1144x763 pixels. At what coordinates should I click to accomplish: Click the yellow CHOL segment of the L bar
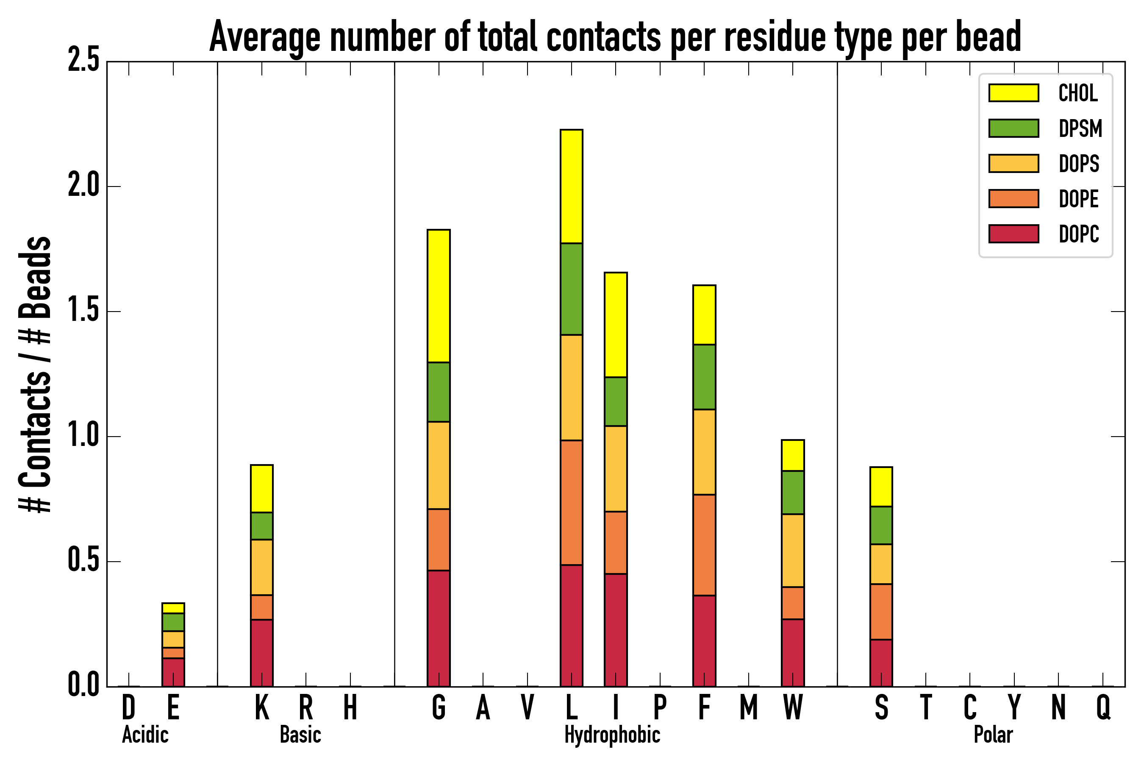571,187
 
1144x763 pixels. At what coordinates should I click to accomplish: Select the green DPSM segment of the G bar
438,392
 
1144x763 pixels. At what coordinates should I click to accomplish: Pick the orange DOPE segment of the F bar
704,545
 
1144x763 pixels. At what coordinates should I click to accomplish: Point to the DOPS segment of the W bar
792,550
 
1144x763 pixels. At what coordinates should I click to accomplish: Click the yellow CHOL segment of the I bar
615,325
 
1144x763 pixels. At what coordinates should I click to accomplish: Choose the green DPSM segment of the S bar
881,526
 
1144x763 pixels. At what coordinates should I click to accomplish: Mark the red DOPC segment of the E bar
173,672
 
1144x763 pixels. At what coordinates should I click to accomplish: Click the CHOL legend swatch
1013,93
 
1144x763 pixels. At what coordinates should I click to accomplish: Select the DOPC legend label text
1079,234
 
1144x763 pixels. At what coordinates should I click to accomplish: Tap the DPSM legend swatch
1013,128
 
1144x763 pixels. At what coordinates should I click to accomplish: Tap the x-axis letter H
350,707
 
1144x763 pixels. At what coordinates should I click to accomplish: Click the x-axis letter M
748,707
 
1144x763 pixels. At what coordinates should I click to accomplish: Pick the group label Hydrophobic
612,735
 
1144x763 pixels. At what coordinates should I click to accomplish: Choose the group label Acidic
145,735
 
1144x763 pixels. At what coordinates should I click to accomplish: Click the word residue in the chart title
775,37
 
